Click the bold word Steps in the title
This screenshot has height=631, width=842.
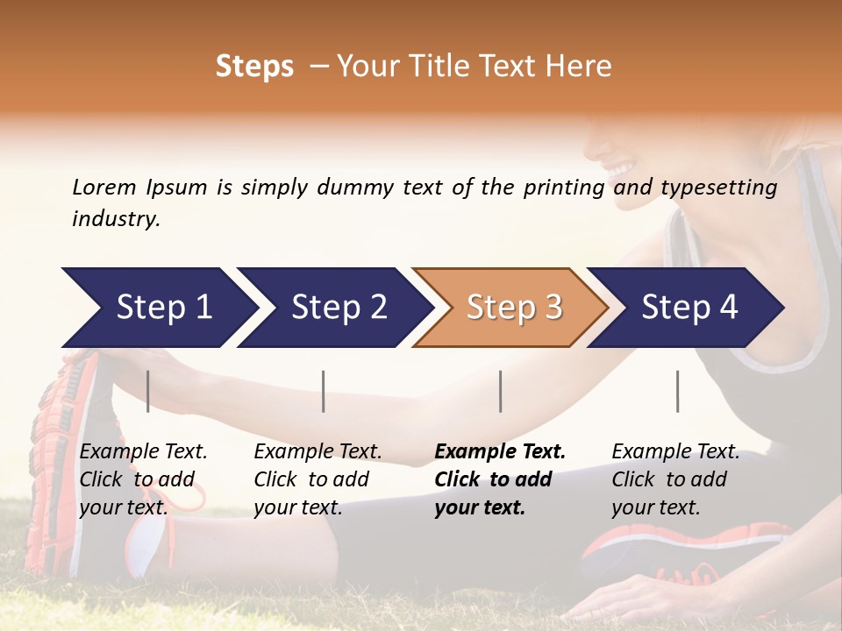pyautogui.click(x=254, y=67)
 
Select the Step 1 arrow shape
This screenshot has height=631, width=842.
pyautogui.click(x=158, y=308)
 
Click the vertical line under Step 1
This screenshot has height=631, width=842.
pyautogui.click(x=148, y=391)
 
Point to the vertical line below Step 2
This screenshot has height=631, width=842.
pyautogui.click(x=324, y=391)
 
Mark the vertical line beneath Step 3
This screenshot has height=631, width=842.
pyautogui.click(x=500, y=391)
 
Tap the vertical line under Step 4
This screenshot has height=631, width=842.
pyautogui.click(x=677, y=391)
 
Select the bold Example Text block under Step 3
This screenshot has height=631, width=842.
pyautogui.click(x=499, y=479)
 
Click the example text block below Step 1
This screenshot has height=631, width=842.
pyautogui.click(x=143, y=479)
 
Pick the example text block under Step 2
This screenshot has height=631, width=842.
pyautogui.click(x=318, y=479)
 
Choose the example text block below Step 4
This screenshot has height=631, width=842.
pyautogui.click(x=674, y=479)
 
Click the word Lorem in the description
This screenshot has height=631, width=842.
pyautogui.click(x=103, y=187)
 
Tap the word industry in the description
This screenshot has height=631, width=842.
pyautogui.click(x=116, y=219)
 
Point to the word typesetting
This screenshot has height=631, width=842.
pyautogui.click(x=718, y=188)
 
